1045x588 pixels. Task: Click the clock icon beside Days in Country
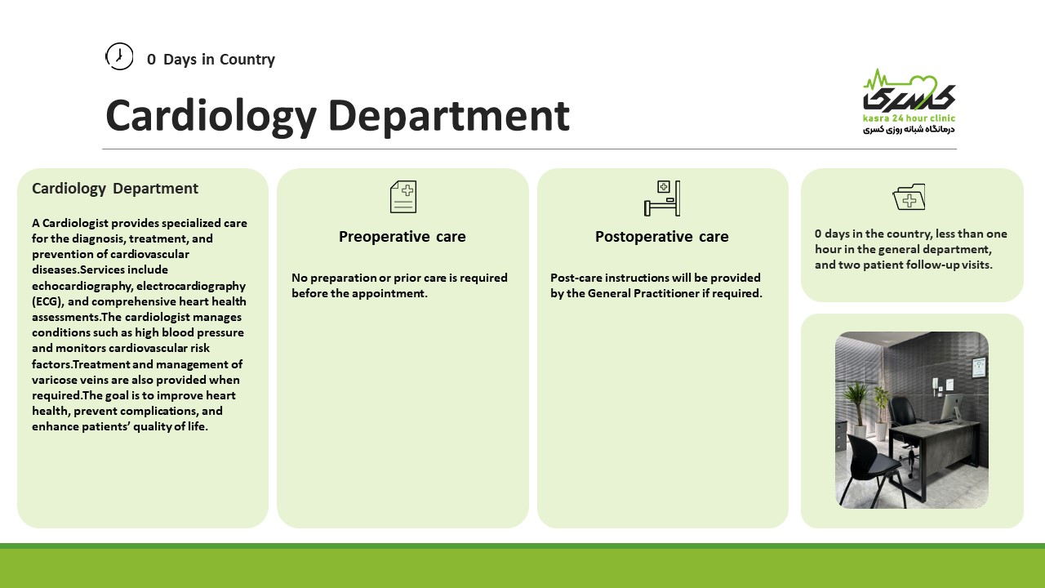click(x=119, y=56)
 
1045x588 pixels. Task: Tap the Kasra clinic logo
click(x=909, y=101)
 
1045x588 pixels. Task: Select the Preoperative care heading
click(x=402, y=237)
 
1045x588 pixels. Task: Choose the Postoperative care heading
click(x=661, y=237)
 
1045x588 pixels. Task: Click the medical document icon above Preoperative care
click(x=403, y=197)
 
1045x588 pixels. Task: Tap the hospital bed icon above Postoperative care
click(x=662, y=198)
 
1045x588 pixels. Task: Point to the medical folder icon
click(x=909, y=197)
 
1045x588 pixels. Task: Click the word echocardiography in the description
click(x=82, y=286)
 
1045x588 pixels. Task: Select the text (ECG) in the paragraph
click(x=47, y=301)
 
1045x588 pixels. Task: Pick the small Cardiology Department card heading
click(x=115, y=189)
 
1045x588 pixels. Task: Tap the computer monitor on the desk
click(x=952, y=407)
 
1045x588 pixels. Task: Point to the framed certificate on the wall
click(x=979, y=367)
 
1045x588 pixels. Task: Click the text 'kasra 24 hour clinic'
click(x=909, y=118)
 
